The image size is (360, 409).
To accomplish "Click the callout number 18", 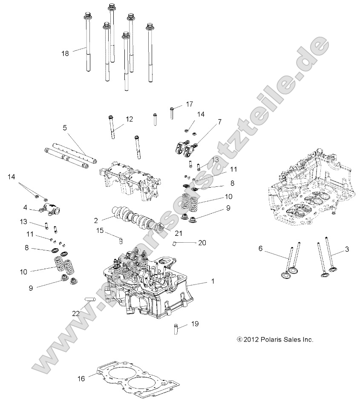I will pyautogui.click(x=65, y=53).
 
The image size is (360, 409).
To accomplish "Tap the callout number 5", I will pyautogui.click(x=65, y=128).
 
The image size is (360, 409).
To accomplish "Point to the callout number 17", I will pyautogui.click(x=190, y=104).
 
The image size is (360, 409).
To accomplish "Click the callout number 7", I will pyautogui.click(x=219, y=122).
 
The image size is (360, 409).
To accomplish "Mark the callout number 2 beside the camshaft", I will pyautogui.click(x=96, y=220).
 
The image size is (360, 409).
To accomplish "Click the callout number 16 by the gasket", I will pyautogui.click(x=82, y=378).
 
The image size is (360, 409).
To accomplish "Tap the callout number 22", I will pyautogui.click(x=76, y=313).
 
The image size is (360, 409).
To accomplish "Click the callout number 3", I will pyautogui.click(x=347, y=248).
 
